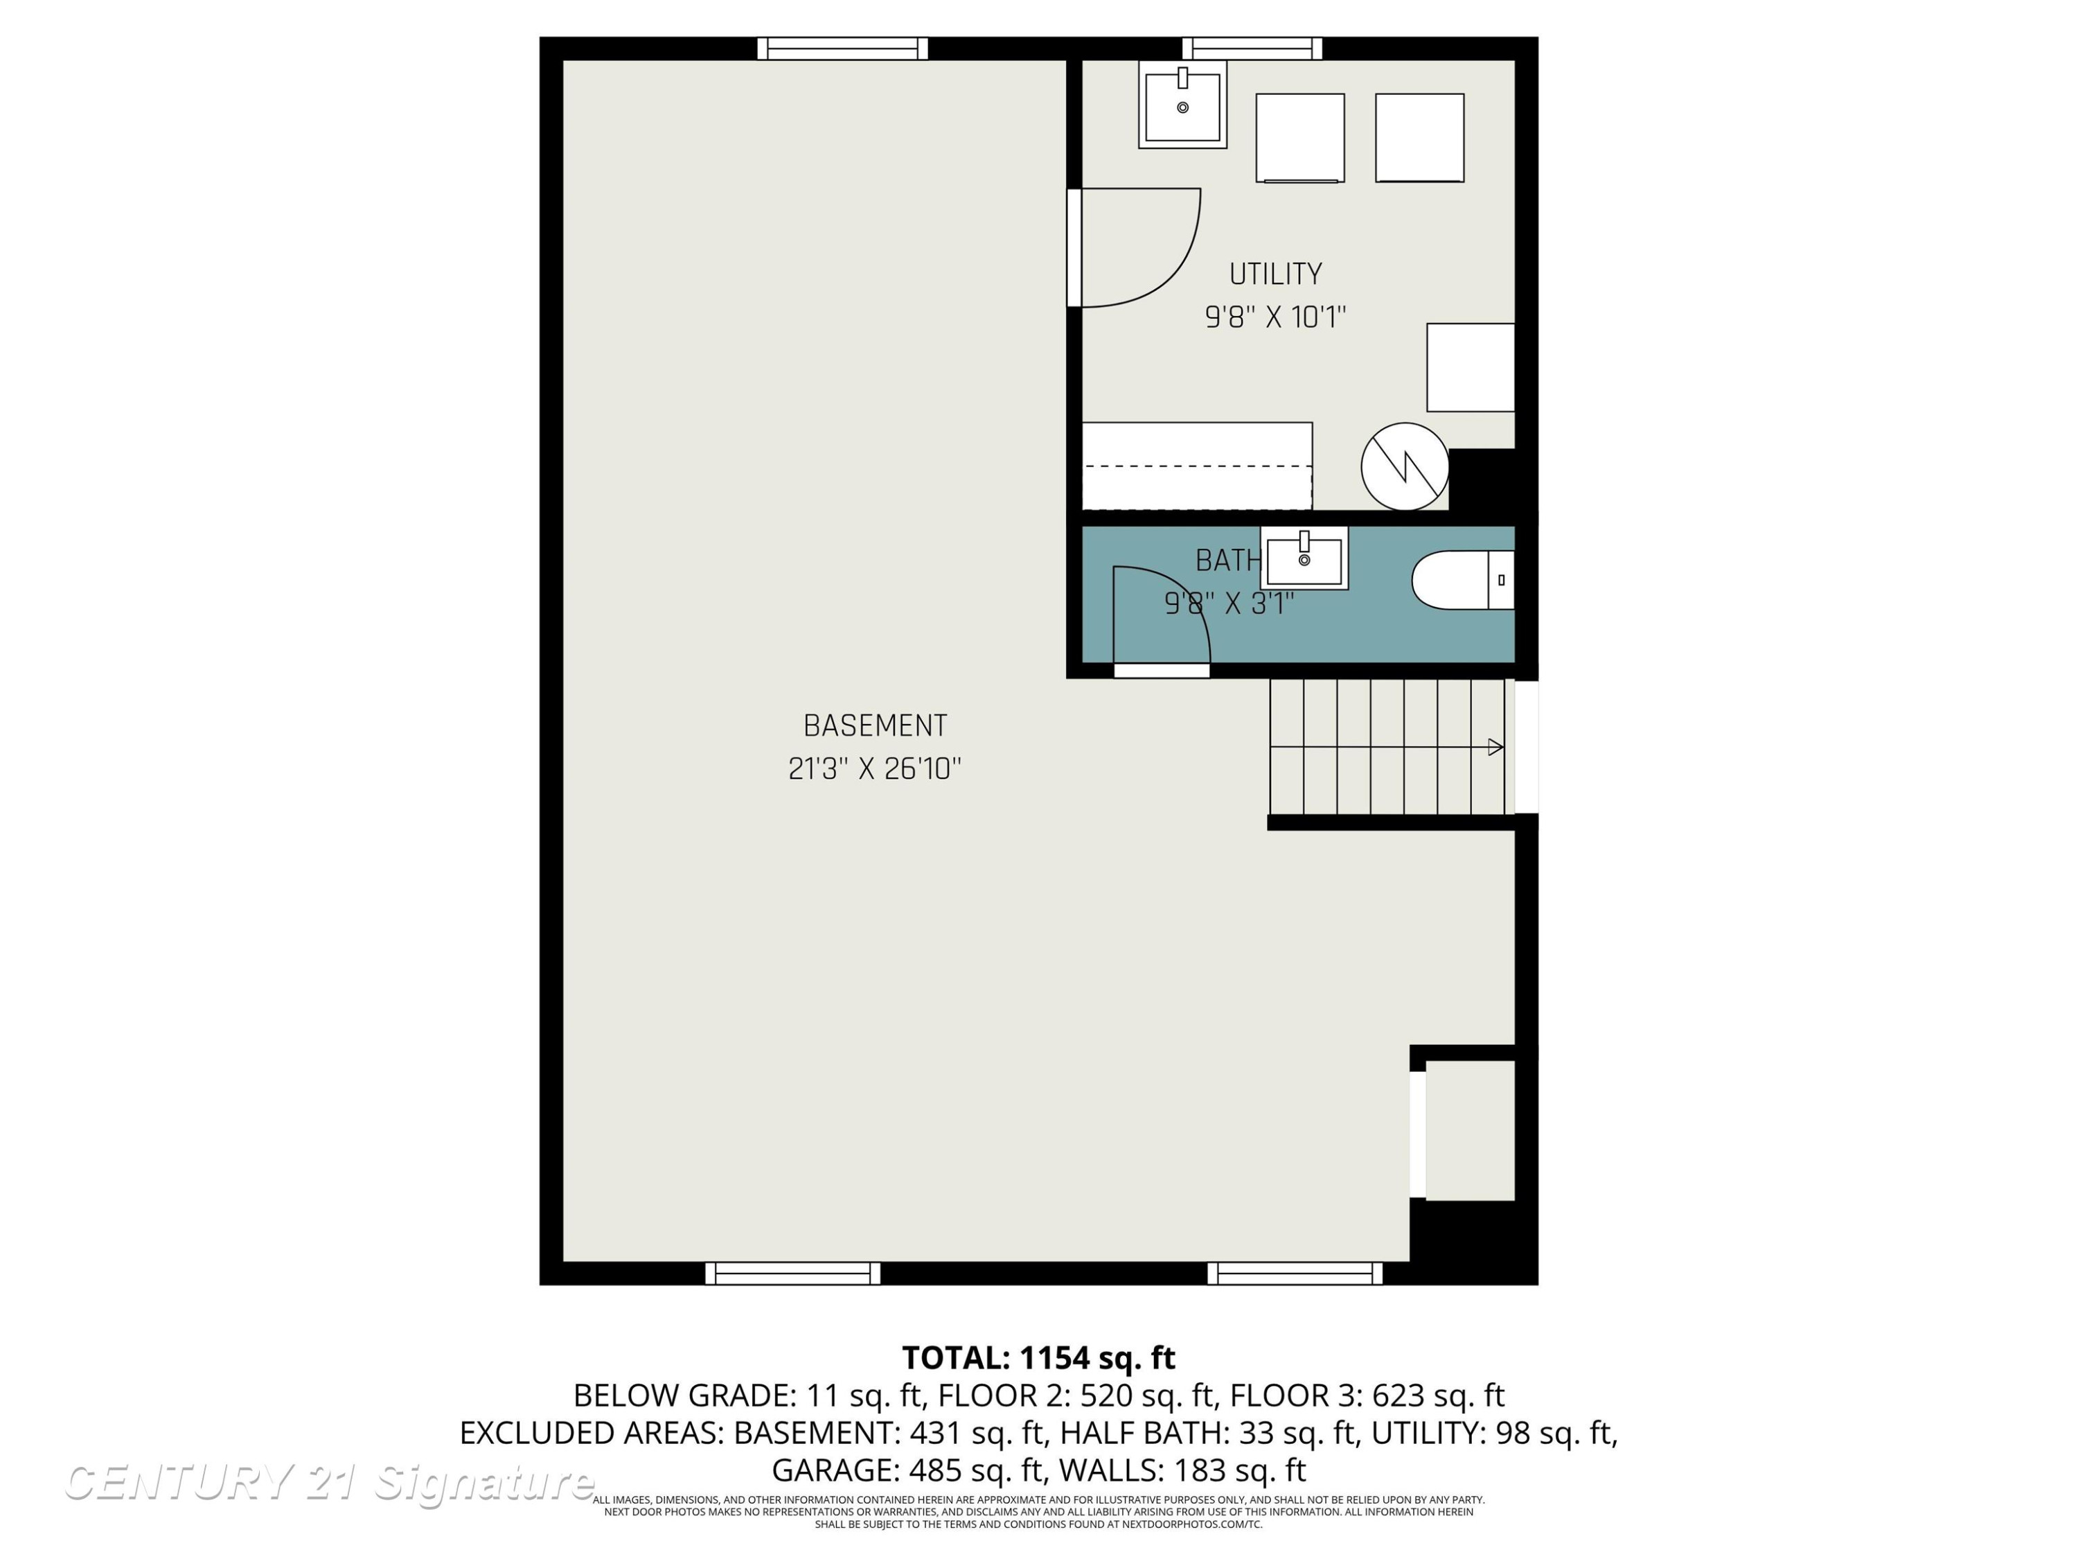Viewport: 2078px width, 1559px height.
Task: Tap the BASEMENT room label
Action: click(875, 725)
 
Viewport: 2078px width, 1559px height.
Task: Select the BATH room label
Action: click(1227, 560)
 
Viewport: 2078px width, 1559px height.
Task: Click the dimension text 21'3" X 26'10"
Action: click(875, 768)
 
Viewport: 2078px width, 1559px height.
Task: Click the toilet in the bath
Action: click(1463, 580)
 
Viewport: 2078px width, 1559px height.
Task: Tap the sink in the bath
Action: click(1304, 558)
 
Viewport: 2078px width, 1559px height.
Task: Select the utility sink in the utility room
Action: click(1183, 105)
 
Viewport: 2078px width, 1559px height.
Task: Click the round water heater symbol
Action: click(1405, 466)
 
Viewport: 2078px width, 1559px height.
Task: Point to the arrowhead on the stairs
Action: click(1495, 747)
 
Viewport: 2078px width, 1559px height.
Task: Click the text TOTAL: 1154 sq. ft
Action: click(1038, 1357)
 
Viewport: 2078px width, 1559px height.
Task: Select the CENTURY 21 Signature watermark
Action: click(329, 1483)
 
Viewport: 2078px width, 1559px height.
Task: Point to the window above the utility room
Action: click(1252, 49)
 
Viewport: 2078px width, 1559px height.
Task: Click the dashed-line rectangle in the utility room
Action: click(1197, 466)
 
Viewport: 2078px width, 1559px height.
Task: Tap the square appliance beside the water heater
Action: click(1471, 367)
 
